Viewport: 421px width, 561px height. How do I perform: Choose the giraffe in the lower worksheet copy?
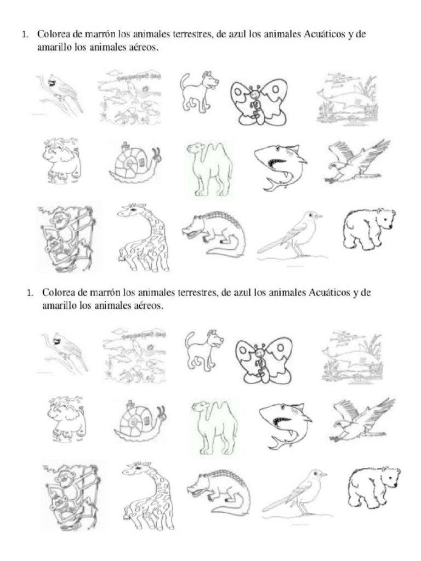(x=146, y=496)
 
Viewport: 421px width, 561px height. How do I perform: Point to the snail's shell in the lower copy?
(x=134, y=422)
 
